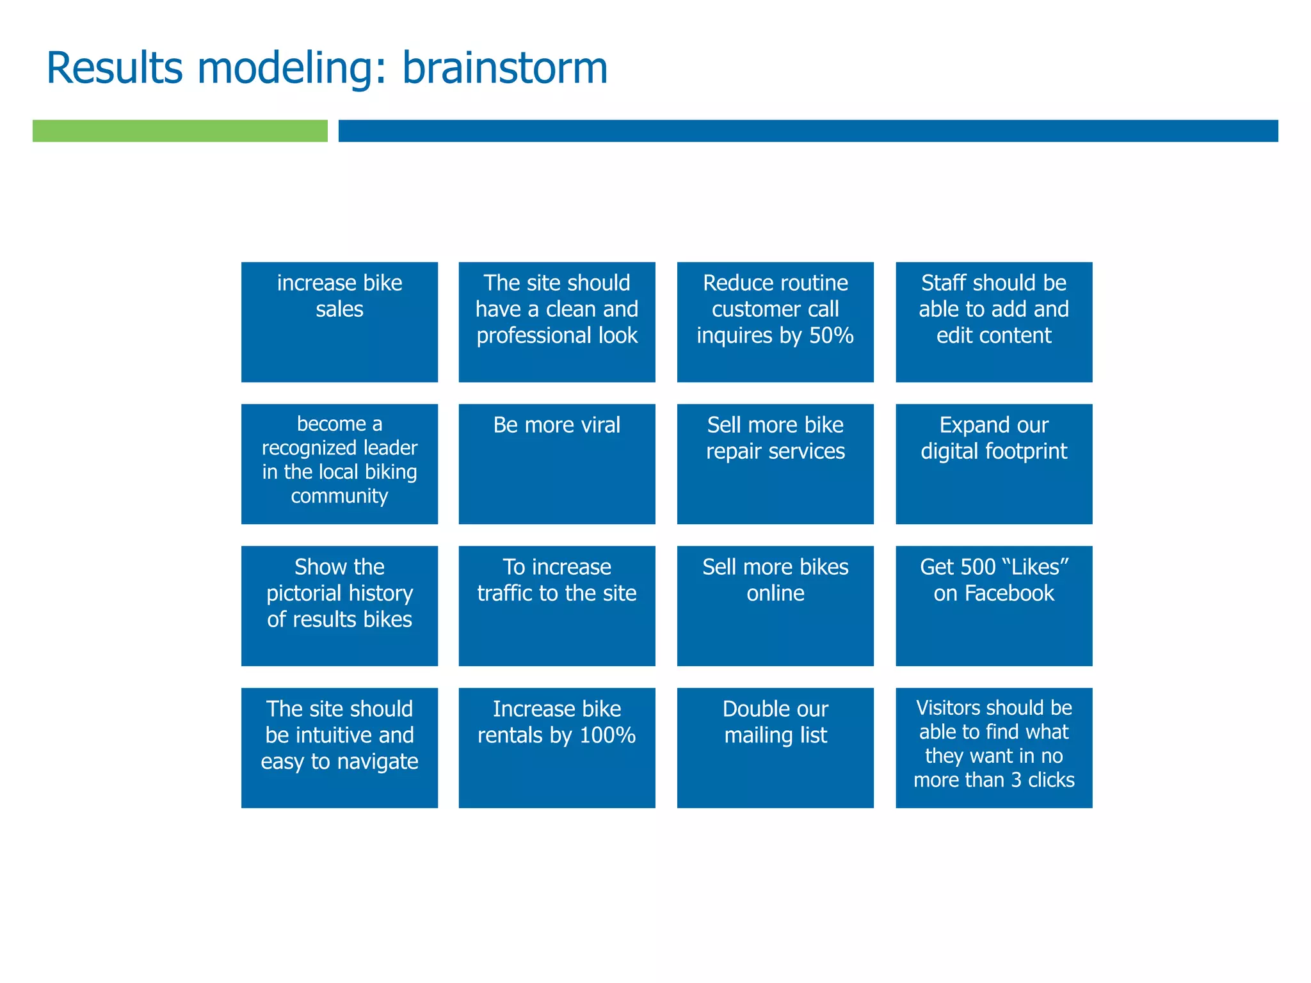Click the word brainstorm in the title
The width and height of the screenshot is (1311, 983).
pyautogui.click(x=504, y=68)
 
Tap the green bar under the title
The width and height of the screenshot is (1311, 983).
pyautogui.click(x=180, y=131)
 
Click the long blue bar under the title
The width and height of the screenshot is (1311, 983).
pyautogui.click(x=808, y=131)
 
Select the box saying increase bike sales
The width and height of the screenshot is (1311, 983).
pyautogui.click(x=339, y=322)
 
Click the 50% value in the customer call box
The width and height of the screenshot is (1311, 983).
pyautogui.click(x=831, y=335)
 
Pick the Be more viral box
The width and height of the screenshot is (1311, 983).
pyautogui.click(x=556, y=463)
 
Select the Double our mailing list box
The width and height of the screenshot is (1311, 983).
pyautogui.click(x=775, y=747)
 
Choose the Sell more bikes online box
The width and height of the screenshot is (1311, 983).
pyautogui.click(x=775, y=605)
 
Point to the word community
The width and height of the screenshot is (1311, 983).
pyautogui.click(x=339, y=496)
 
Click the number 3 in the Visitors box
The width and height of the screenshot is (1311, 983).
pyautogui.click(x=1016, y=780)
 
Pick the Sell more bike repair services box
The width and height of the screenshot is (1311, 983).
pyautogui.click(x=775, y=463)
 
